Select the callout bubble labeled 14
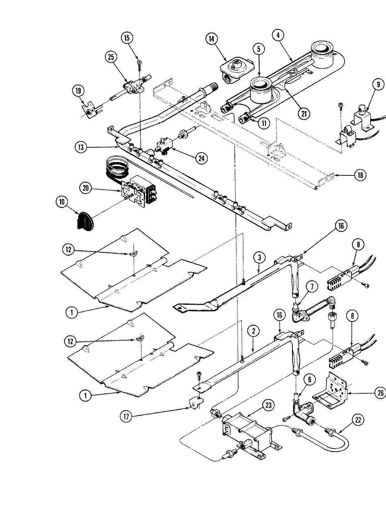(x=212, y=39)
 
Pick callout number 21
(x=304, y=113)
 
